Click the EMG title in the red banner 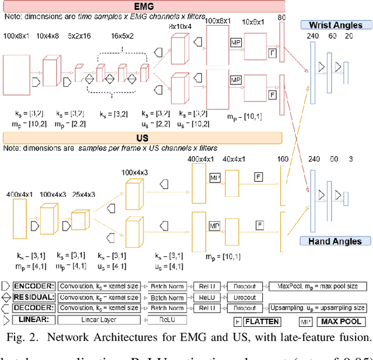142,5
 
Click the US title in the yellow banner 142,137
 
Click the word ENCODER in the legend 33,287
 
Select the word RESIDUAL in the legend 33,297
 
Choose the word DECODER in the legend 33,308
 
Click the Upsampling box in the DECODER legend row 318,308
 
